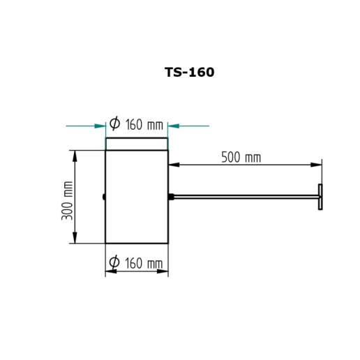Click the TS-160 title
pos(189,72)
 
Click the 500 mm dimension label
pos(241,157)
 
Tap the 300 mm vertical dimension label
pos(68,200)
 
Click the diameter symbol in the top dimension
pos(114,123)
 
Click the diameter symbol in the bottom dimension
pos(114,262)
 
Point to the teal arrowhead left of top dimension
pos(100,126)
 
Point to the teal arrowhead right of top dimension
pos(174,126)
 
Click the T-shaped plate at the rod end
pos(320,197)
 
